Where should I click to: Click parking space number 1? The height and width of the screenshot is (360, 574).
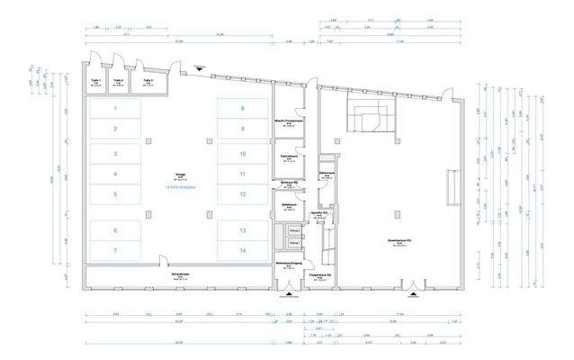(114, 109)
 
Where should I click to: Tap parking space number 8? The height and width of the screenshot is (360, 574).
(242, 109)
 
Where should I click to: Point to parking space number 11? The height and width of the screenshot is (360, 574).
(242, 174)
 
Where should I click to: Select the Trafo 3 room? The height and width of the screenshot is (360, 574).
(147, 82)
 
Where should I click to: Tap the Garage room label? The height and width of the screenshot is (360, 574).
(179, 176)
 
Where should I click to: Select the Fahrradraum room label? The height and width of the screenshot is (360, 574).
(287, 158)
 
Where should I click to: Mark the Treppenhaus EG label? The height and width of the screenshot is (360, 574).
(321, 274)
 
